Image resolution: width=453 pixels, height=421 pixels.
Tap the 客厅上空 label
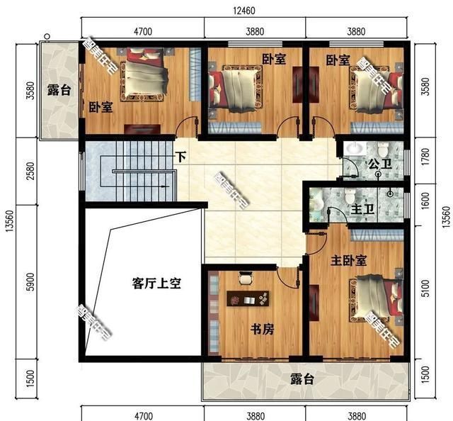pyautogui.click(x=157, y=284)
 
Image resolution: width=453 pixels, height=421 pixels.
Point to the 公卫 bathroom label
pyautogui.click(x=377, y=164)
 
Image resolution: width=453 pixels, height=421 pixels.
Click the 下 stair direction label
pyautogui.click(x=182, y=157)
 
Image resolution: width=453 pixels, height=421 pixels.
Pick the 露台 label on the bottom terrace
pyautogui.click(x=302, y=379)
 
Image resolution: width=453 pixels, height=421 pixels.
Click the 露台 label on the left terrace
pyautogui.click(x=58, y=90)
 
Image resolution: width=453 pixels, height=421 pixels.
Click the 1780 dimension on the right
pyautogui.click(x=425, y=161)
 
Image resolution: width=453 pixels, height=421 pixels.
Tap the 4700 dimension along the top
pyautogui.click(x=144, y=31)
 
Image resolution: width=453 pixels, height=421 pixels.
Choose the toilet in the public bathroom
pyautogui.click(x=382, y=150)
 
